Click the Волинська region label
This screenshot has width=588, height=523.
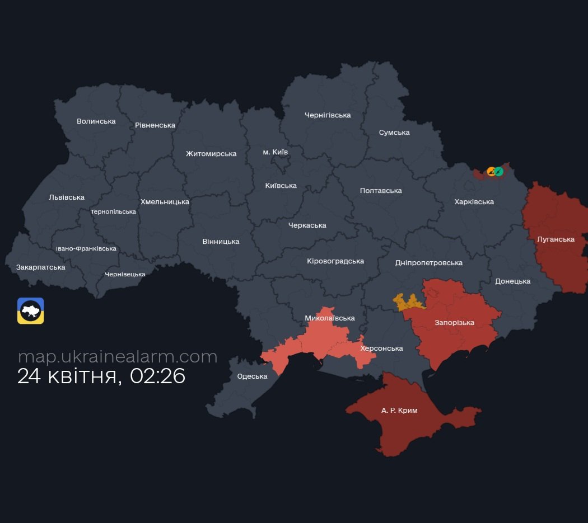pos(96,121)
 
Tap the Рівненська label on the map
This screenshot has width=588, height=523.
pos(155,125)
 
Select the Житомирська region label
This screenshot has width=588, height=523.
pos(211,154)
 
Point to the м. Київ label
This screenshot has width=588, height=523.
pos(276,152)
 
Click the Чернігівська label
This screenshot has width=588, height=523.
pos(328,115)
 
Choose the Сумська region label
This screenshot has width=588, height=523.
pos(394,133)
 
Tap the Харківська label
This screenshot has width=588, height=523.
pos(474,202)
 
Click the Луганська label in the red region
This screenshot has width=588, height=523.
pos(556,239)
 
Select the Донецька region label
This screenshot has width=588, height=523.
pos(512,281)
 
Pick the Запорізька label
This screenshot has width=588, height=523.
pos(454,323)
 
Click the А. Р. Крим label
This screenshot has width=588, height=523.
pos(399,411)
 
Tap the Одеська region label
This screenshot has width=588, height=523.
pos(252,376)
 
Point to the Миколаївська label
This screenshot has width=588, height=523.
pos(329,318)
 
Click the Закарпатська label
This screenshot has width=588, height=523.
pos(40,267)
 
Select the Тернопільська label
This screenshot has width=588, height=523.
pos(113,212)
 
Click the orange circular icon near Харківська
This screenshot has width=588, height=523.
pos(491,171)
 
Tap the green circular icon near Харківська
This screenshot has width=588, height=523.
pos(498,171)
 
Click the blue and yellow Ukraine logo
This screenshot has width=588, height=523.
pos(31,311)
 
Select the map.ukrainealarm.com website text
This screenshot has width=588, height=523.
pos(118,356)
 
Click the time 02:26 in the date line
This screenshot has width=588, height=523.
pos(157,376)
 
